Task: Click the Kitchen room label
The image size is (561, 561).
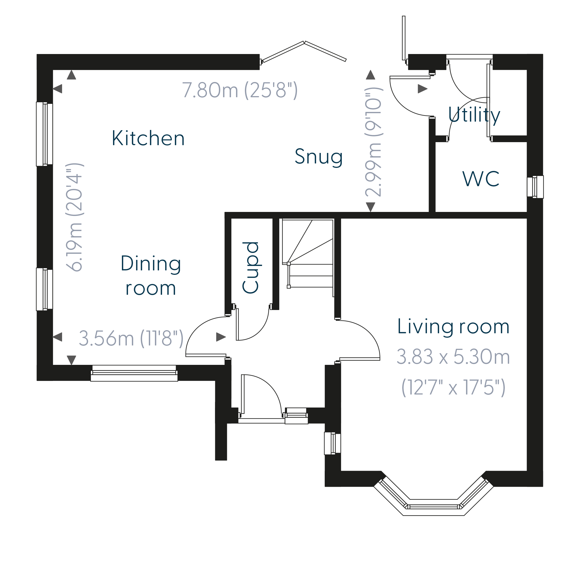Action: coord(148,138)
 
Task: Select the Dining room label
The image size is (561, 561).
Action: coord(151,275)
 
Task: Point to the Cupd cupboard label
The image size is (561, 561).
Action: coord(250,267)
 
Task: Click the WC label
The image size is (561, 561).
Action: coord(481,179)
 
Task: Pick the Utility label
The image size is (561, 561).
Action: coord(474,115)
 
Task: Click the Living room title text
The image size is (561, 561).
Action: coord(453,327)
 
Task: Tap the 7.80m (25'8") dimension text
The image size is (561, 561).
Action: coord(240,90)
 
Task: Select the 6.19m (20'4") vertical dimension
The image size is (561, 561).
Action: coord(75,217)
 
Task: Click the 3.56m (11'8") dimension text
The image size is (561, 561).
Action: coord(131,338)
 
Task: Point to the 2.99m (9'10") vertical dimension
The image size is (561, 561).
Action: coord(374,142)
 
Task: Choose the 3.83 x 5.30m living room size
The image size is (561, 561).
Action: coord(453,357)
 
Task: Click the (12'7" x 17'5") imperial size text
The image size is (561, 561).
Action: coord(453,387)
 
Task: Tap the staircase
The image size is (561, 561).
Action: coord(308,258)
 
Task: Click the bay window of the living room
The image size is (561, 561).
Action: coord(433,498)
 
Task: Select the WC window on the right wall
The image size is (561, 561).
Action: coord(535,187)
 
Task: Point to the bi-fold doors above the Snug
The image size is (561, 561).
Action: coord(303,52)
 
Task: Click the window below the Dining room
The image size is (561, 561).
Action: coord(134,373)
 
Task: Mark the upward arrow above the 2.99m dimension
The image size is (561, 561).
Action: coord(370,75)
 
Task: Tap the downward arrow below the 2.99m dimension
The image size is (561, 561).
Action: coord(370,207)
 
